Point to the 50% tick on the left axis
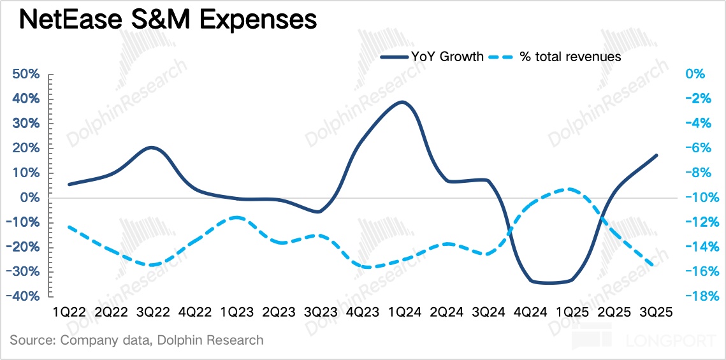pyautogui.click(x=25, y=75)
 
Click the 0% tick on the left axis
pyautogui.click(x=30, y=198)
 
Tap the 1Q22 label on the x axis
pyautogui.click(x=69, y=313)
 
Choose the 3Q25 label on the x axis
pyautogui.click(x=657, y=313)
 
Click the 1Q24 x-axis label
pyautogui.click(x=405, y=313)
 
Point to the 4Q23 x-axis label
pyautogui.click(x=363, y=313)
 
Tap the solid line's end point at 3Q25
pyautogui.click(x=657, y=155)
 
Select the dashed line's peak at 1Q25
pyautogui.click(x=569, y=189)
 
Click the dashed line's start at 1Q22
pyautogui.click(x=68, y=227)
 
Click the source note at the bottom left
pyautogui.click(x=136, y=340)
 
